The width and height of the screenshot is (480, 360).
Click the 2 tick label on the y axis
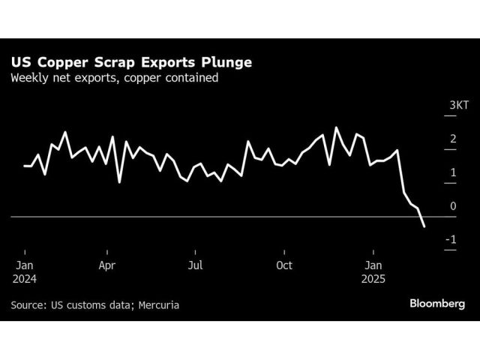(x=452, y=139)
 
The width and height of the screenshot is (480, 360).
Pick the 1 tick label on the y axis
(x=452, y=172)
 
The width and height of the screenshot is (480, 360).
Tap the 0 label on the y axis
(x=452, y=205)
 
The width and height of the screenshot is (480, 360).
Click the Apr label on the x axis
(x=106, y=265)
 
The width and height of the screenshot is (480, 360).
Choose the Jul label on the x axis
(x=195, y=265)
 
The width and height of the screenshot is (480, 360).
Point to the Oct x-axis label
(x=284, y=265)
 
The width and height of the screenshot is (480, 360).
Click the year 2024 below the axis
(x=24, y=278)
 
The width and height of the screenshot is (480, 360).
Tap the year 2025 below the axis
(x=373, y=278)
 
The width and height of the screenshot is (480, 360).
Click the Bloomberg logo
(x=436, y=304)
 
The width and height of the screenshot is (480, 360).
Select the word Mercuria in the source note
(x=159, y=305)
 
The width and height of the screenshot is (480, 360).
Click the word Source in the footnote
(x=28, y=305)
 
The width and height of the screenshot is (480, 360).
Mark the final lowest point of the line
(x=424, y=226)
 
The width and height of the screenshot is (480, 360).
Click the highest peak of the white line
(x=335, y=127)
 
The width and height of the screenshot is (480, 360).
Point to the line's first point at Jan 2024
(x=24, y=166)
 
